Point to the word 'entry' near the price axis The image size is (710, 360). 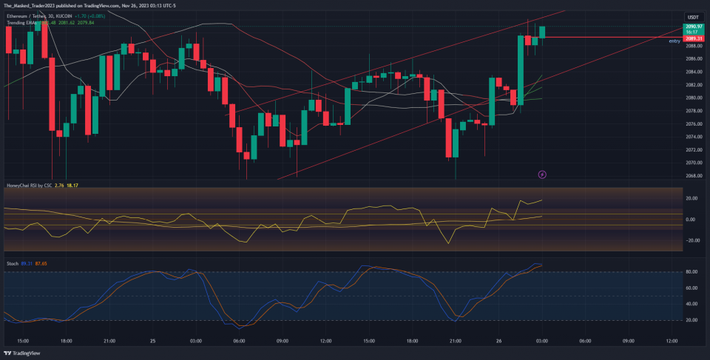click(674, 41)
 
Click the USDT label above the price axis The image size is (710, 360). click(693, 16)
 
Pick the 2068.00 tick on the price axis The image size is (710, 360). click(693, 175)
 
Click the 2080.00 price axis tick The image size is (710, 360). click(693, 98)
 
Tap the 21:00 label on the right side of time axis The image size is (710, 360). click(455, 341)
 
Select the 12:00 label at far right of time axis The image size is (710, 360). click(672, 341)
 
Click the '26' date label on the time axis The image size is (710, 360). click(498, 341)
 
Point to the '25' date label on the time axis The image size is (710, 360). click(152, 341)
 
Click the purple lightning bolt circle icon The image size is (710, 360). click(543, 174)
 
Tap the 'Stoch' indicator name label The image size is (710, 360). click(12, 263)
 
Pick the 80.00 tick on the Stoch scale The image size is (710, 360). click(693, 272)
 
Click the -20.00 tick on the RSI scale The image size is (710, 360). click(693, 240)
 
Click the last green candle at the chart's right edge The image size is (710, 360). click(542, 33)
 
